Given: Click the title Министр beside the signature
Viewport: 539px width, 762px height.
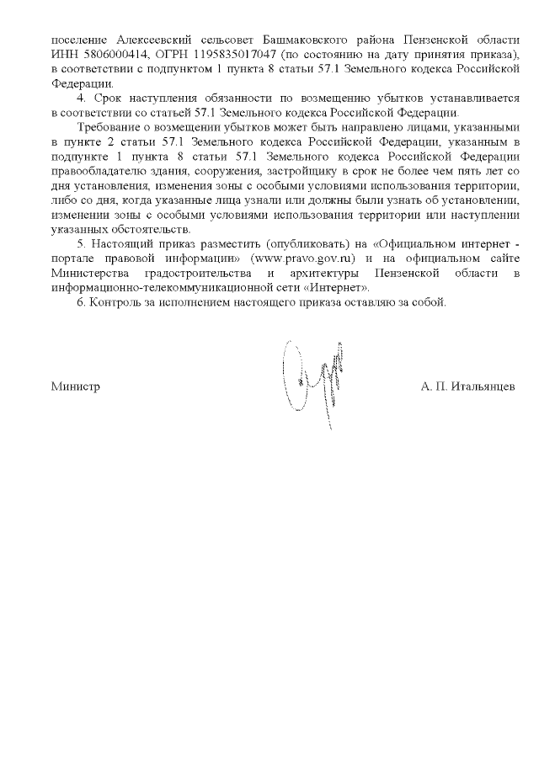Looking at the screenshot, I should click(75, 386).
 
